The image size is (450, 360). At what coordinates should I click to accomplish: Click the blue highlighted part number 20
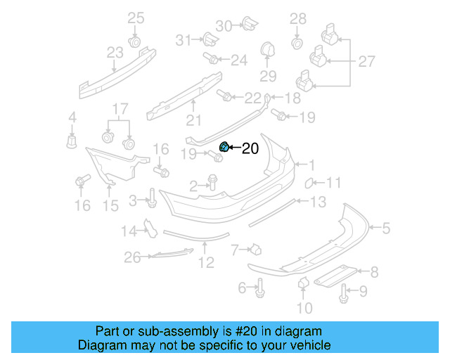(224, 147)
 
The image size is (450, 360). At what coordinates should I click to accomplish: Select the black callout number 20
(250, 148)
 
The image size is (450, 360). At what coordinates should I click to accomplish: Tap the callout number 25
(135, 18)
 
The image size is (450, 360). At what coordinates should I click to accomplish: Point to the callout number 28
(298, 18)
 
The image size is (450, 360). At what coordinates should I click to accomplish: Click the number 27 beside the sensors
(366, 62)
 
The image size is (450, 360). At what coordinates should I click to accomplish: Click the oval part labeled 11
(309, 184)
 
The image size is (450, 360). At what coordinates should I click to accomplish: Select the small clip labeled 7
(257, 248)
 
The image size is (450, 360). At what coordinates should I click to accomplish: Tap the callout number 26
(133, 258)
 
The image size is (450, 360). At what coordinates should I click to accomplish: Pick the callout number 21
(193, 120)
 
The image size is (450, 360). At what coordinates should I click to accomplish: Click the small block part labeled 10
(304, 283)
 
